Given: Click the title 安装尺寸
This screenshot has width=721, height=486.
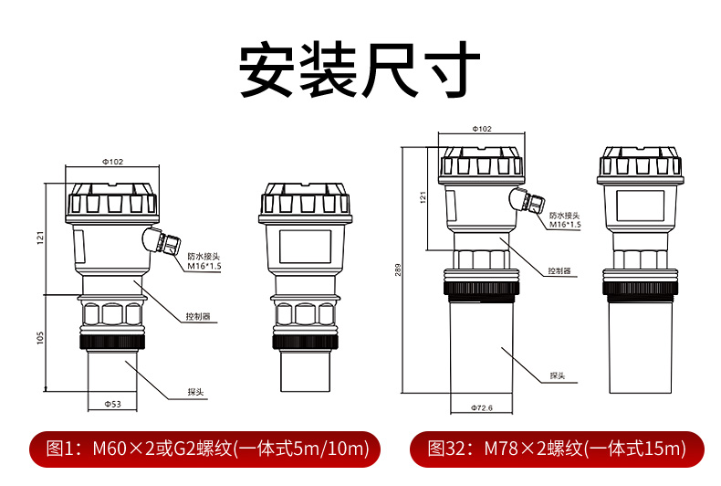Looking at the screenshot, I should point(360,69).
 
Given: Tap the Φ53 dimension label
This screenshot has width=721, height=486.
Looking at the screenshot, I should point(113,403).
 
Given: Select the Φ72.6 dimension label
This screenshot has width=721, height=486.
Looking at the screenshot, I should point(481,407).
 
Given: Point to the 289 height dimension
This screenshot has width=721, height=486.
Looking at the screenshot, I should point(399,272).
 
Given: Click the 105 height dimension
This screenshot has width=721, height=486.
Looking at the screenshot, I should point(41,338).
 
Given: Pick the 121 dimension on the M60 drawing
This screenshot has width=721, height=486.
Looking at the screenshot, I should point(41,238).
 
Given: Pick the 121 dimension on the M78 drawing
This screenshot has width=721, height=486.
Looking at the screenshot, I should point(423,196).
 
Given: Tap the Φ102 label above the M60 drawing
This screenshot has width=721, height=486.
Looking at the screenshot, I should point(112,162).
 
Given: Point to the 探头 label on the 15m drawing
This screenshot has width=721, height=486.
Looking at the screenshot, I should point(559,375).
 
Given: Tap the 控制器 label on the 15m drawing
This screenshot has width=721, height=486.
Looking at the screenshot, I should point(559,271).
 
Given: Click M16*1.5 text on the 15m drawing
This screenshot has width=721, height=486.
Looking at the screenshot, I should point(565,224).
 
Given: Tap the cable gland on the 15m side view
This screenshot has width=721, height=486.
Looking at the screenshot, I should point(528,199).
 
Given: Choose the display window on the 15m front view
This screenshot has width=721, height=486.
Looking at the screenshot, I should point(640,204).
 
